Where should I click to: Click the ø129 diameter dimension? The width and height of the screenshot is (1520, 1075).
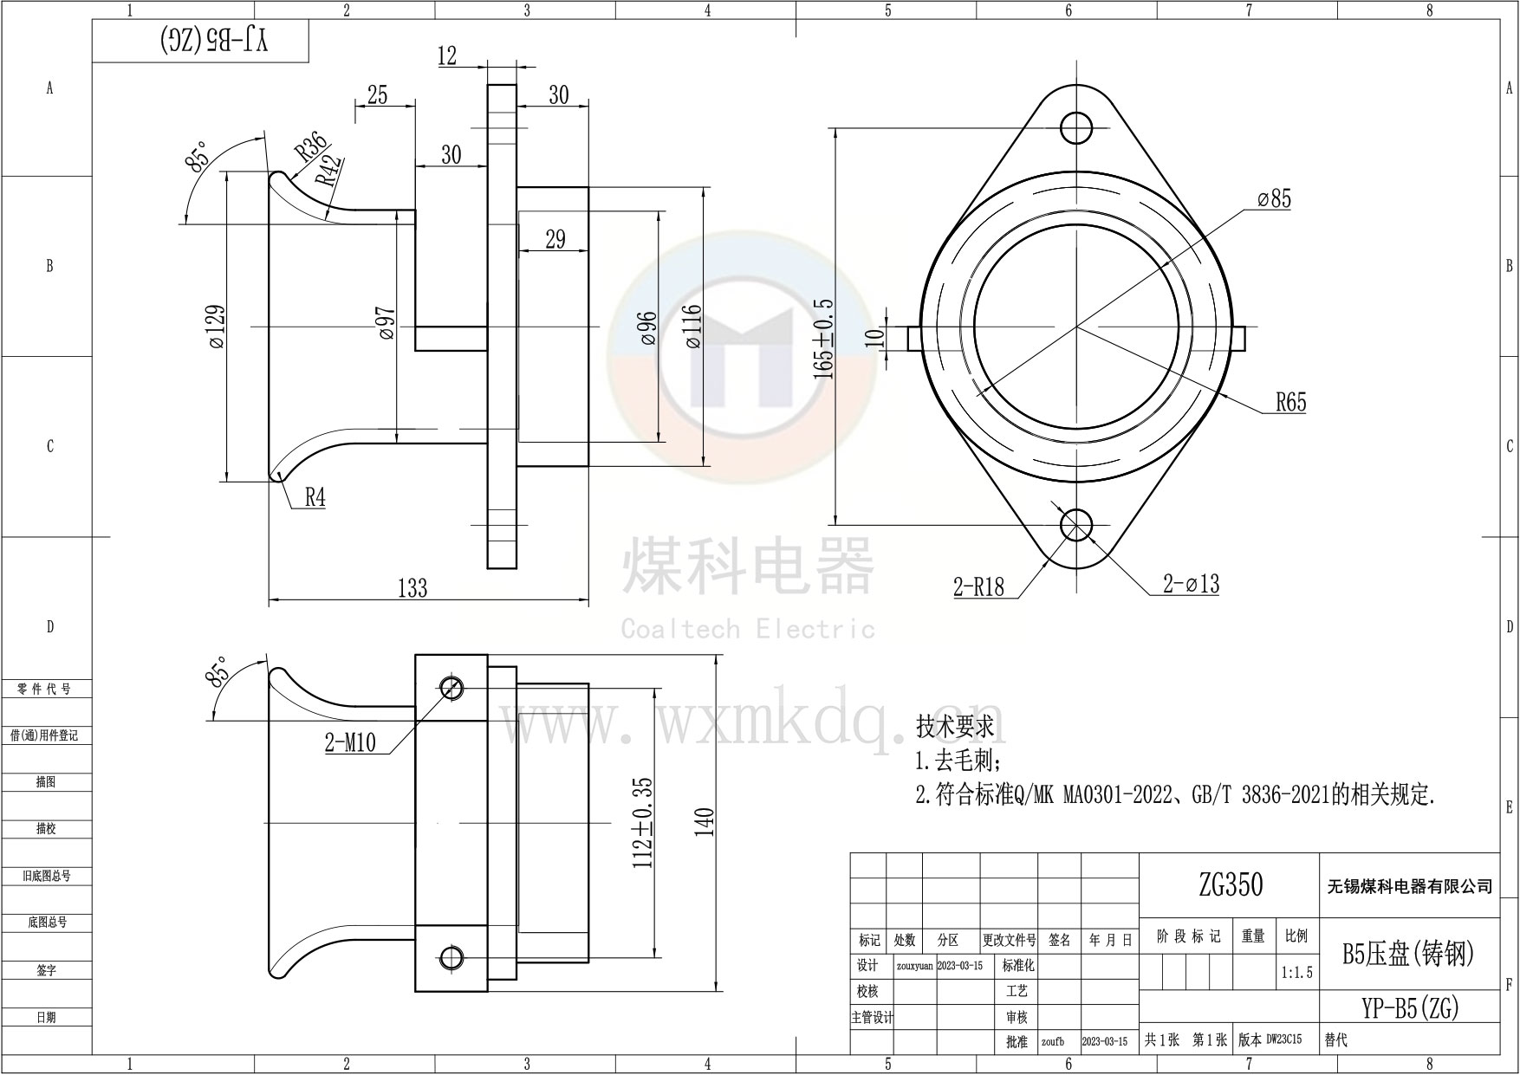point(217,327)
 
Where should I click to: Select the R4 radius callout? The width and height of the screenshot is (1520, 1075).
point(315,497)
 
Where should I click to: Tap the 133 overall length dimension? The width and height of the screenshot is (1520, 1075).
point(412,588)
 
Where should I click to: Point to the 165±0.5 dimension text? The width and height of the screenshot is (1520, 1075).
point(823,339)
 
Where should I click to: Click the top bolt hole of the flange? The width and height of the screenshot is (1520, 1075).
point(1076,127)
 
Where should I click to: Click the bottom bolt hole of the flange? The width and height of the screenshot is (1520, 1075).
point(1076,524)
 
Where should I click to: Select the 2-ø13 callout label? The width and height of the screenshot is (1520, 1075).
point(1191,585)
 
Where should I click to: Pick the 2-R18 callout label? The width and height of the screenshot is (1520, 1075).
point(978,587)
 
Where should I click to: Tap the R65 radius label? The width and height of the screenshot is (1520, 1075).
point(1290,403)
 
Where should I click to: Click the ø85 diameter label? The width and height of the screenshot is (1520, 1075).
point(1274,199)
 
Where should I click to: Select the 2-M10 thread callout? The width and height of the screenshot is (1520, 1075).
point(350,742)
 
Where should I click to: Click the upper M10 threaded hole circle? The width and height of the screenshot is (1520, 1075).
point(451,688)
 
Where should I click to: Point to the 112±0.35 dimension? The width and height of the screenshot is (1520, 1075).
point(643,822)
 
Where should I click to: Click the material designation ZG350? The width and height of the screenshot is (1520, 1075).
point(1231,884)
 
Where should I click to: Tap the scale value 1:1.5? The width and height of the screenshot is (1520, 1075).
point(1296,973)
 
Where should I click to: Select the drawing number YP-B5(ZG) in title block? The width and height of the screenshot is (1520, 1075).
point(1410,1007)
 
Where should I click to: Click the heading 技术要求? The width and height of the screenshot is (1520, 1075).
point(955,726)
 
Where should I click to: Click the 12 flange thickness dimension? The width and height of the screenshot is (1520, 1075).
point(447,56)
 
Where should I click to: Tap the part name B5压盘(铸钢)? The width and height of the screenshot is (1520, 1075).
point(1408,953)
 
